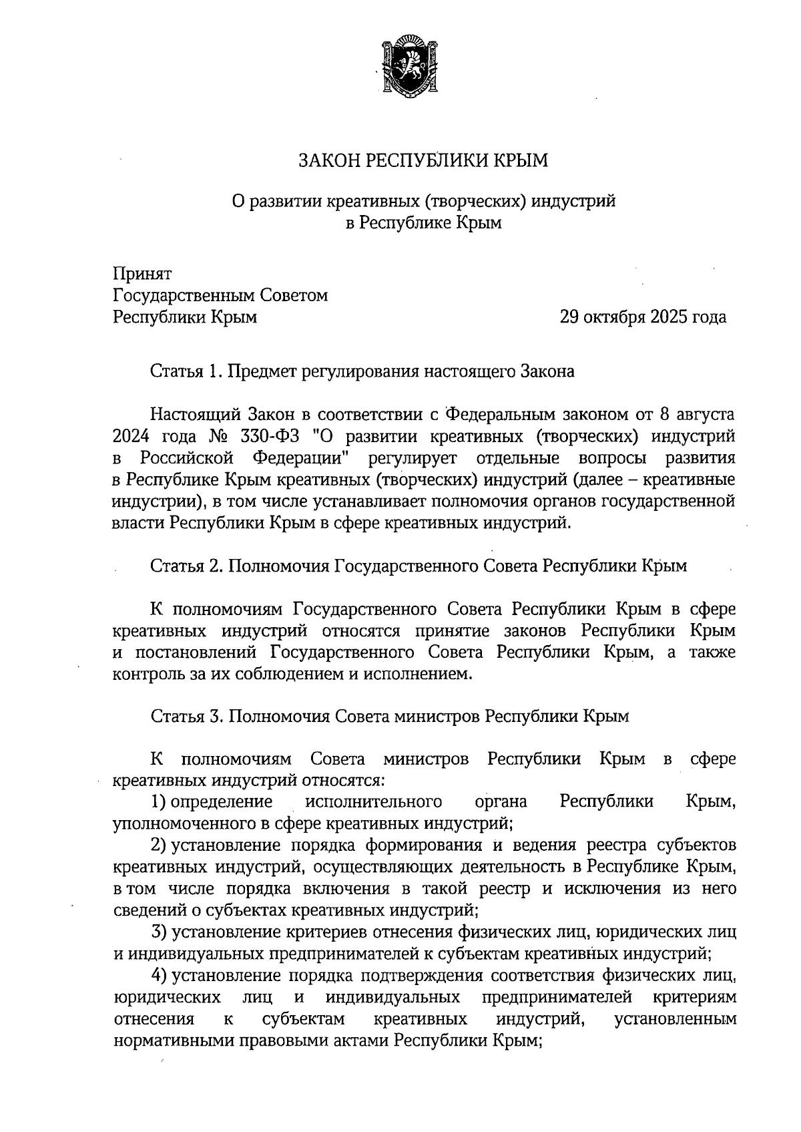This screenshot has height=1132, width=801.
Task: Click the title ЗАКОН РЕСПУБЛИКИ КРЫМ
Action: [x=423, y=160]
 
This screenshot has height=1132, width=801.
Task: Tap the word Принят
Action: [x=143, y=274]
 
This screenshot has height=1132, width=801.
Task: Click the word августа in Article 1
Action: [x=706, y=415]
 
